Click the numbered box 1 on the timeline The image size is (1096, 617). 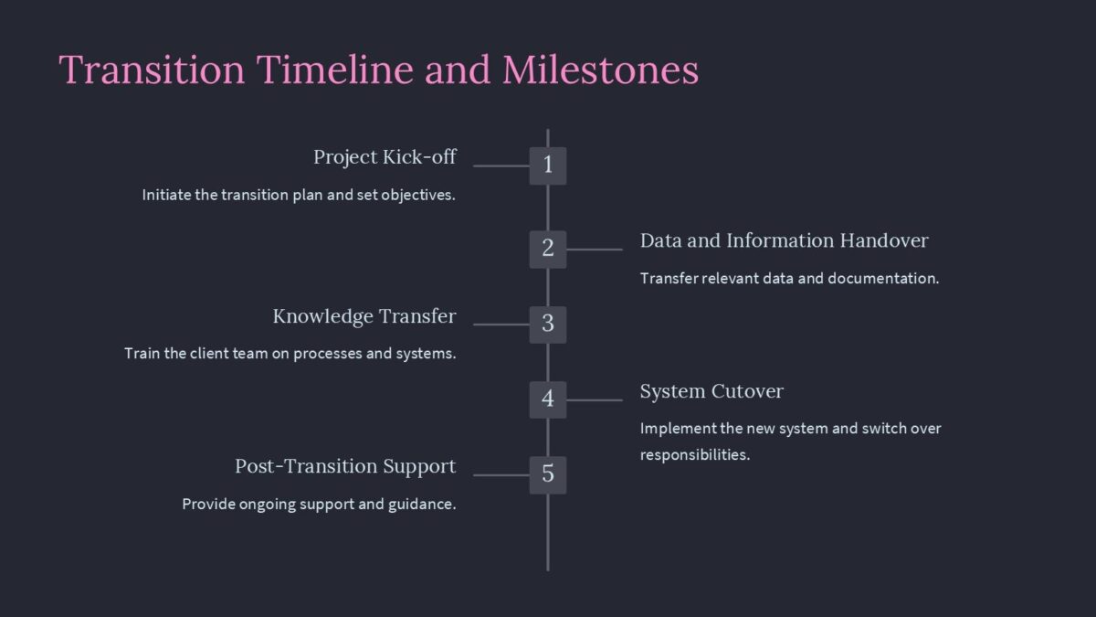(548, 165)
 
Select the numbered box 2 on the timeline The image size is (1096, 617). (548, 249)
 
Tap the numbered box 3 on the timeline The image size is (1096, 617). (548, 324)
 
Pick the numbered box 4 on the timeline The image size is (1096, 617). (548, 399)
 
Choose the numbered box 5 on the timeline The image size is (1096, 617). (548, 474)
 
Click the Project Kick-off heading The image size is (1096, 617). (385, 157)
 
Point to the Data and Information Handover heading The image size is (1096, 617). (784, 241)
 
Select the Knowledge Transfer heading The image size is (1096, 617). (364, 317)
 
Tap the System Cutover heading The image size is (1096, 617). (711, 392)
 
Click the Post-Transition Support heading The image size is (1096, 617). (345, 467)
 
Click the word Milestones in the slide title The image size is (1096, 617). (600, 70)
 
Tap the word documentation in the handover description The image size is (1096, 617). (882, 279)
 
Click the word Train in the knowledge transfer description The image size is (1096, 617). (142, 354)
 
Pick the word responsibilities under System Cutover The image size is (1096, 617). (694, 455)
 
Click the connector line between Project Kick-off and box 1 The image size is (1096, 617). (501, 166)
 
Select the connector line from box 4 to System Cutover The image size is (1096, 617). (594, 399)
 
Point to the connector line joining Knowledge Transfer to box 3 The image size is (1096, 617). (501, 324)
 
